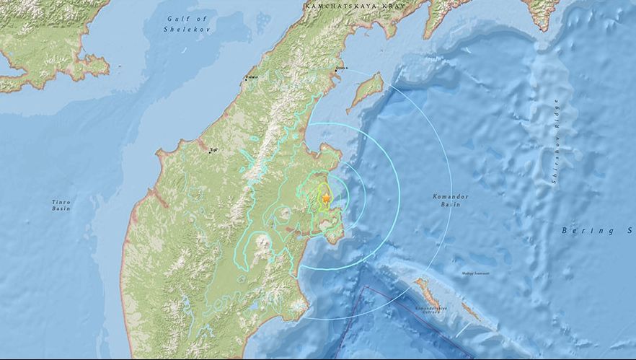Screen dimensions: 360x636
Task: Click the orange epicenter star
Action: pyautogui.click(x=326, y=197)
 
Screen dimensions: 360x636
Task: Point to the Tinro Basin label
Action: pyautogui.click(x=61, y=205)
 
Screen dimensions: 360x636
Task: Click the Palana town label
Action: pyautogui.click(x=251, y=76)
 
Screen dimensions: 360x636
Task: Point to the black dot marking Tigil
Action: pyautogui.click(x=210, y=152)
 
